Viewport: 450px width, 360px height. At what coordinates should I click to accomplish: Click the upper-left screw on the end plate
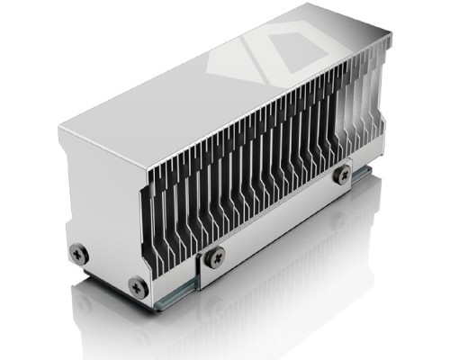coord(77,253)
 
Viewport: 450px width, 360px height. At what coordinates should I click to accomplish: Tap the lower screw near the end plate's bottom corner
coord(138,287)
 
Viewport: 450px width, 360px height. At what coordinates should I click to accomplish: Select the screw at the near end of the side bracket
coord(215,257)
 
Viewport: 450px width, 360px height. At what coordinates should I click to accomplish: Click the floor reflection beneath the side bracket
coord(288,288)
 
